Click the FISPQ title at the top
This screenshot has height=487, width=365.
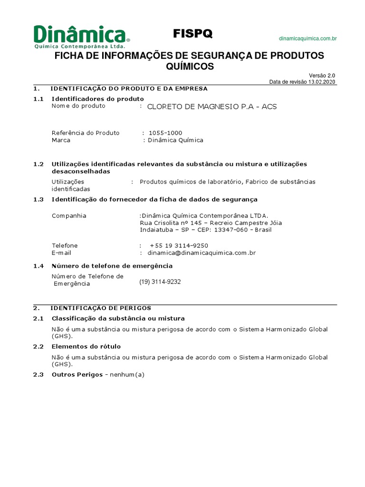coord(192,33)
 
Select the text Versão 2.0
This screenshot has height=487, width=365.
coord(322,76)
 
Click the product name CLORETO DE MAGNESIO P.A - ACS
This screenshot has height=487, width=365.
coord(211,107)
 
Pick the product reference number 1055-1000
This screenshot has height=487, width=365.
coord(165,133)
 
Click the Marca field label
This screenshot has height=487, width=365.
coord(61,140)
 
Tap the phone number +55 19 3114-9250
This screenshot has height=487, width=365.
coord(179,245)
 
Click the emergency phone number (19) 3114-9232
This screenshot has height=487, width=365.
coord(160,282)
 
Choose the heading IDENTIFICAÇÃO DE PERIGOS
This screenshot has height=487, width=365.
coord(101,308)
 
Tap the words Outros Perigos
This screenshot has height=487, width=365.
coord(77,375)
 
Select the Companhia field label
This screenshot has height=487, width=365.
coord(69,216)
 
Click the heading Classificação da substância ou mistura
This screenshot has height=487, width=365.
coord(118,318)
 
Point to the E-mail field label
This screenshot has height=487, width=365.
coord(61,253)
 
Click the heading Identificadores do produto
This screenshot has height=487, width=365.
coord(97,98)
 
